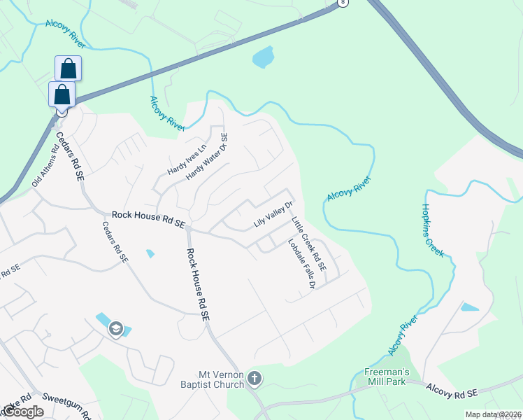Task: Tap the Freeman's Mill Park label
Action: click(x=386, y=377)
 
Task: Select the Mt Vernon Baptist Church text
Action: click(x=220, y=379)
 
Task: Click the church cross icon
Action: click(x=255, y=379)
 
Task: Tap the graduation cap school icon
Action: click(x=116, y=329)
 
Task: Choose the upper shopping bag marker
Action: click(x=68, y=69)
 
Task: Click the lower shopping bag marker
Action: click(x=62, y=94)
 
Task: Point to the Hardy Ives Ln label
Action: click(x=187, y=160)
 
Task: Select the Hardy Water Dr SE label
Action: click(x=207, y=157)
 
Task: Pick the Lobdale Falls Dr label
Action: click(x=302, y=264)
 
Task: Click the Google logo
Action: click(x=23, y=412)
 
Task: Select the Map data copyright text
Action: click(x=494, y=414)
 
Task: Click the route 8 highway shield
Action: click(x=341, y=3)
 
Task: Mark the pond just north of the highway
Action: click(x=262, y=57)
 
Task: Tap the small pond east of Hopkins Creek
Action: click(x=469, y=307)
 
